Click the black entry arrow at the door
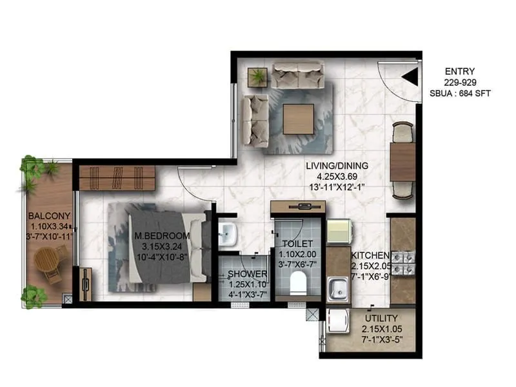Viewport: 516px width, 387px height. (409, 77)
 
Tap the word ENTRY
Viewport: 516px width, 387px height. (460, 71)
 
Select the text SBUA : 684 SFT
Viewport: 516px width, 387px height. (460, 94)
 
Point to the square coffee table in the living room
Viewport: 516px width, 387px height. (298, 119)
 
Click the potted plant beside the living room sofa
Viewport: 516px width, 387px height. (258, 76)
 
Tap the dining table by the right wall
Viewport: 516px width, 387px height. (403, 161)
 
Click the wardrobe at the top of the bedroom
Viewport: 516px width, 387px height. (117, 177)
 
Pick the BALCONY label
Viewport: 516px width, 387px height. (49, 216)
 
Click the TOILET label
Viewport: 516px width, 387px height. (297, 243)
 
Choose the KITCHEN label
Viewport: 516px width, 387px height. (370, 255)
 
